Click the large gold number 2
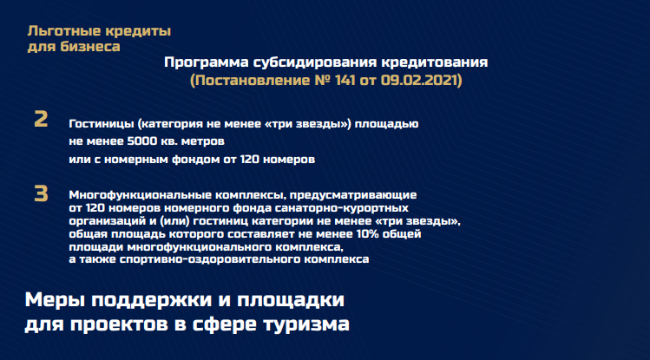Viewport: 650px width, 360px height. point(41,119)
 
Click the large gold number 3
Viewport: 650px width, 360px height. point(41,193)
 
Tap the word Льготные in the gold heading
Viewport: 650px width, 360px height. point(64,31)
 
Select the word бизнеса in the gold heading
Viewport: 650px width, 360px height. point(90,46)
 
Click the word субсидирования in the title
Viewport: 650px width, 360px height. point(315,62)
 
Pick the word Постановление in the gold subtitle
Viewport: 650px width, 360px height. point(252,80)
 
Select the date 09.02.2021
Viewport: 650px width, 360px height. point(418,80)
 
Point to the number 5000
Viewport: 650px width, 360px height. point(142,141)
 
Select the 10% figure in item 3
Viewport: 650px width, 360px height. point(367,234)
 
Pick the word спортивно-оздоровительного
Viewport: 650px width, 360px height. point(210,259)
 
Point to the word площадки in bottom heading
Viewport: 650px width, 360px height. point(290,300)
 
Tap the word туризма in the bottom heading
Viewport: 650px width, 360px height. point(306,324)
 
